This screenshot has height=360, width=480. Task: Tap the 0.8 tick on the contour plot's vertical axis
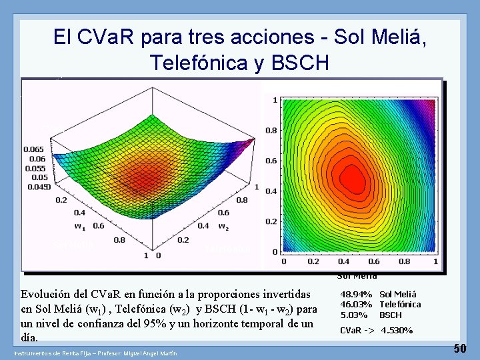[x=272, y=131]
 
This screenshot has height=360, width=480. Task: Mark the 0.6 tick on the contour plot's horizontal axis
[x=374, y=261]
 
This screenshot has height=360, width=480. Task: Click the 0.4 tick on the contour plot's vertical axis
[x=272, y=191]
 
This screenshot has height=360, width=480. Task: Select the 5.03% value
[x=353, y=315]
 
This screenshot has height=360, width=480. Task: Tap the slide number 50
[x=460, y=348]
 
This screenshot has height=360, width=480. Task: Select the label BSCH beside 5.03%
[x=391, y=315]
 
